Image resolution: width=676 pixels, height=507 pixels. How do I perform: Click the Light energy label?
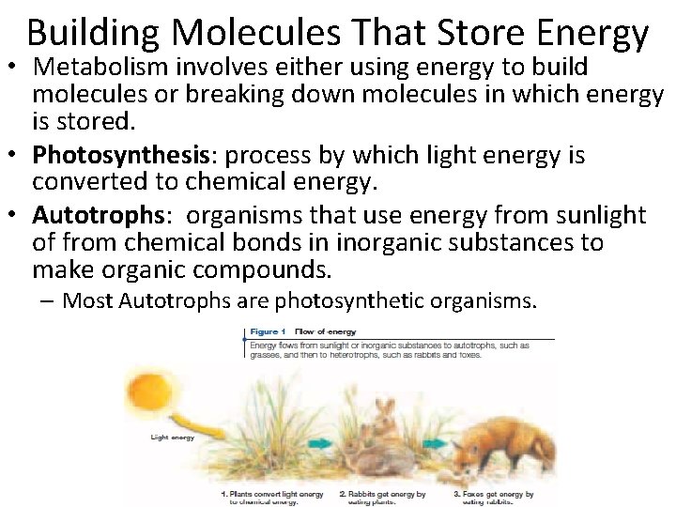tap(172, 437)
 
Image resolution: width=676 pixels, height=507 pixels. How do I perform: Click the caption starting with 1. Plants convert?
tap(272, 498)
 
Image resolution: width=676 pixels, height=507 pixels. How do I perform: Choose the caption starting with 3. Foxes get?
tap(493, 498)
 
